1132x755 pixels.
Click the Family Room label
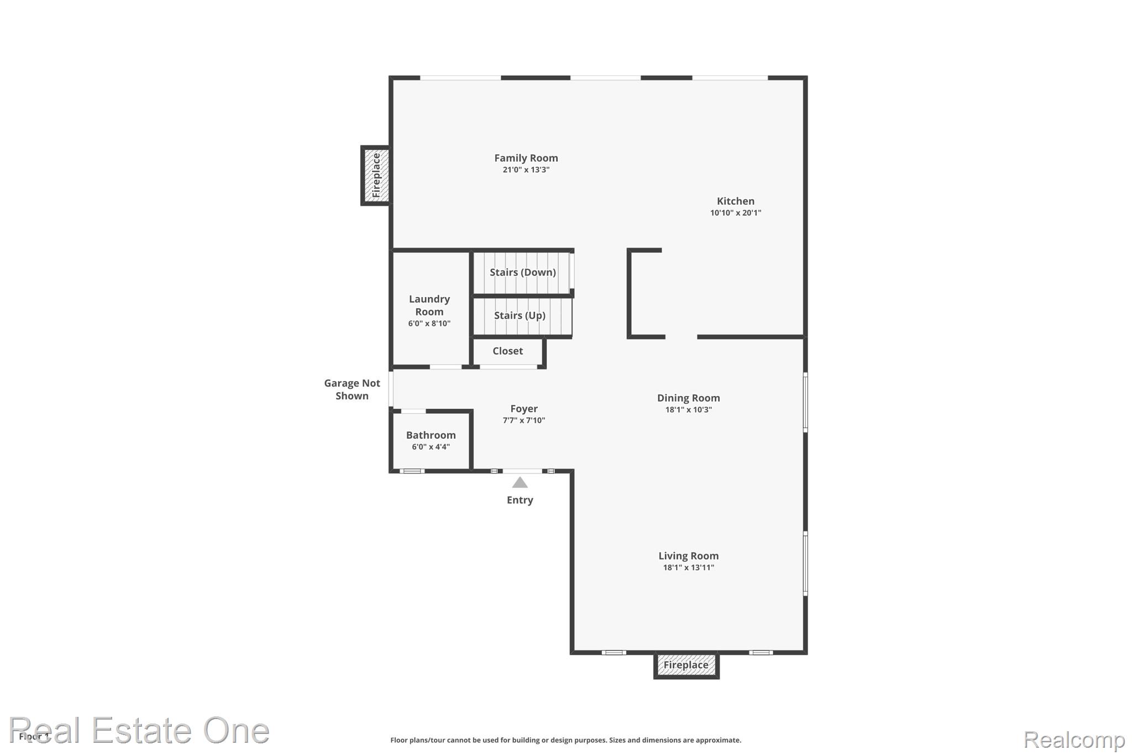(526, 158)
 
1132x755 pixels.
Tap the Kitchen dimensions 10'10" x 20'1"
(736, 213)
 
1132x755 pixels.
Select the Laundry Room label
(429, 305)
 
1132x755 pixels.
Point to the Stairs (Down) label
(523, 272)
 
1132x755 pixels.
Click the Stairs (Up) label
(520, 315)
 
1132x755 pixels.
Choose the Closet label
(507, 351)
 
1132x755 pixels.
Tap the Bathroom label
(431, 435)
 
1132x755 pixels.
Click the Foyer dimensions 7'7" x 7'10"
(524, 420)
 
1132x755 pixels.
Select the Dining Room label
(689, 398)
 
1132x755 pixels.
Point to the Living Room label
(689, 556)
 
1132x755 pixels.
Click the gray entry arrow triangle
(520, 483)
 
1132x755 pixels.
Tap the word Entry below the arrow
(520, 500)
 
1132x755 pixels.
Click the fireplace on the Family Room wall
(376, 175)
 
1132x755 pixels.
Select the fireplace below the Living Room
(686, 665)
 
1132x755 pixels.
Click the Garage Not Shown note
(352, 389)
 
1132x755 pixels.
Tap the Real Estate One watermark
(139, 730)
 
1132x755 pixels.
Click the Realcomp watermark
(1074, 740)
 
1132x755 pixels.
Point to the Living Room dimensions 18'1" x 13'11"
(689, 567)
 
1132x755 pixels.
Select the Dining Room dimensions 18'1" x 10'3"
(689, 410)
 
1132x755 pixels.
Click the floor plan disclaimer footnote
(566, 740)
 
